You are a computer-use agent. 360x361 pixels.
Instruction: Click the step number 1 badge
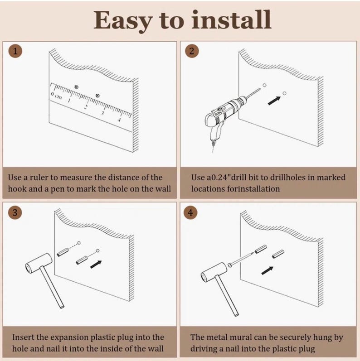point(16,51)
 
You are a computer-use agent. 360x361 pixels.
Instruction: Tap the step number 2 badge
point(191,51)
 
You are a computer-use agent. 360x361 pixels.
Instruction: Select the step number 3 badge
point(16,212)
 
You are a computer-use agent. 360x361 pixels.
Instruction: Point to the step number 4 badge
point(191,212)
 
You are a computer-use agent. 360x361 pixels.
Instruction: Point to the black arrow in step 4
point(267,270)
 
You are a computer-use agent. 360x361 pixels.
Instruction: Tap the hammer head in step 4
point(213,271)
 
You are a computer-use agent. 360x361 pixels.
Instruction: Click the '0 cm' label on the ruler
point(56,95)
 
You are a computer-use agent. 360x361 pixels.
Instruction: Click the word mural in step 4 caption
point(251,338)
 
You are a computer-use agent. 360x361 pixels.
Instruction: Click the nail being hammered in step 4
point(243,258)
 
